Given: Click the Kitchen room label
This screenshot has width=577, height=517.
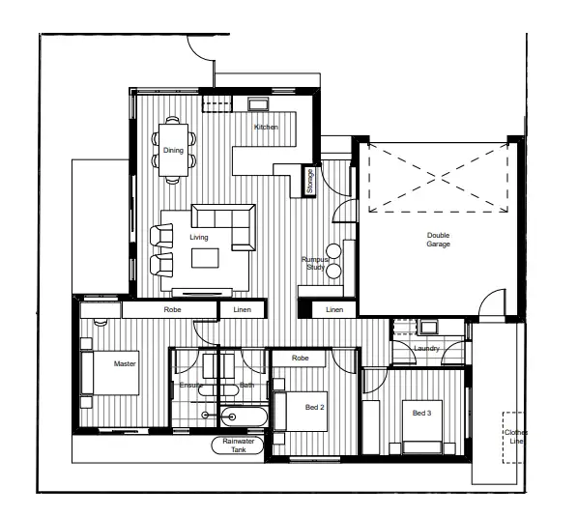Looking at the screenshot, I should pyautogui.click(x=266, y=128).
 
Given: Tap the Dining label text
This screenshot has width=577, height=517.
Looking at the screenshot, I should pyautogui.click(x=173, y=150).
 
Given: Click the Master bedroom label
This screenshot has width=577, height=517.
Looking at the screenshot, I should pyautogui.click(x=124, y=364).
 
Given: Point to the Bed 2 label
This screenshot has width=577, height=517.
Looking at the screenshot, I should pyautogui.click(x=315, y=408).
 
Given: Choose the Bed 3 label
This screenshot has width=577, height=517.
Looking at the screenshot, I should pyautogui.click(x=420, y=414).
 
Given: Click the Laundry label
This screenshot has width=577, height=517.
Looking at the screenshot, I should pyautogui.click(x=426, y=349).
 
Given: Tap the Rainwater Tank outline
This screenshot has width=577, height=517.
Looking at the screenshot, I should pyautogui.click(x=237, y=445).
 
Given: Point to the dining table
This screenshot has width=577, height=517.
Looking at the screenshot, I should pyautogui.click(x=174, y=150).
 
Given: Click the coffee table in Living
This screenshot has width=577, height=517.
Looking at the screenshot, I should pyautogui.click(x=205, y=257).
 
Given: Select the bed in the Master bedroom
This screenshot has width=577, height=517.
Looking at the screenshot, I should pyautogui.click(x=110, y=373).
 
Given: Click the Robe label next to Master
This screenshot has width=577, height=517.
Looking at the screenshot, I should pyautogui.click(x=173, y=310).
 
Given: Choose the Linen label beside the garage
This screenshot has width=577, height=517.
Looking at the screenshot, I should pyautogui.click(x=334, y=310).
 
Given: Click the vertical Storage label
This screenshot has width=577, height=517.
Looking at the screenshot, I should pyautogui.click(x=310, y=182).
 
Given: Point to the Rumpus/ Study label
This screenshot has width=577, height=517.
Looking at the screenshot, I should pyautogui.click(x=315, y=263).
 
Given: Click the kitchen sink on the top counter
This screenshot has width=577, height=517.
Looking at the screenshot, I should pyautogui.click(x=258, y=103).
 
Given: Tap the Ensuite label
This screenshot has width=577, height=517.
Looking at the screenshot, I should pyautogui.click(x=190, y=386).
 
